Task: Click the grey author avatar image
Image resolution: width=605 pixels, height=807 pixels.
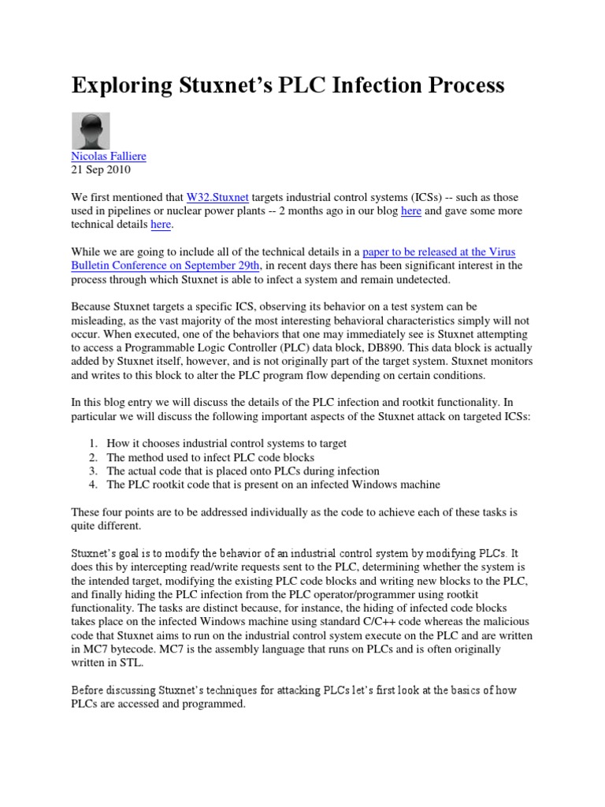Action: click(x=91, y=131)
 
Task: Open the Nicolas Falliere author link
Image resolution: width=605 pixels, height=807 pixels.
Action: click(x=109, y=156)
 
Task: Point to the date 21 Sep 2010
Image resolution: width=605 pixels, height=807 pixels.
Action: click(x=101, y=169)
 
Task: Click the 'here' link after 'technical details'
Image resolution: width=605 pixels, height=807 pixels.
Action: click(x=160, y=225)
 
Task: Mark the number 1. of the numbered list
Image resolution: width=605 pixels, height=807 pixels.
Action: click(x=93, y=444)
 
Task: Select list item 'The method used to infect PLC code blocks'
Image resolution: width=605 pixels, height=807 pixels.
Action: click(x=210, y=457)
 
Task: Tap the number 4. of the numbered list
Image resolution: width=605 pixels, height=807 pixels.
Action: click(x=93, y=485)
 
